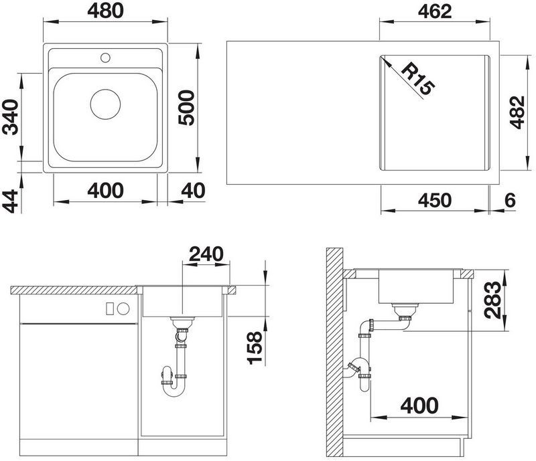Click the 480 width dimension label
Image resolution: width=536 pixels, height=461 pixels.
click(x=105, y=11)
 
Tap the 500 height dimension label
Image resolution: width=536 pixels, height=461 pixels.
click(x=187, y=108)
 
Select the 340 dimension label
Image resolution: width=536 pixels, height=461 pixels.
click(x=10, y=117)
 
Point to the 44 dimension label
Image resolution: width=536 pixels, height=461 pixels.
click(x=10, y=201)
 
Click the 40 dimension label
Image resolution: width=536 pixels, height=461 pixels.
click(x=193, y=191)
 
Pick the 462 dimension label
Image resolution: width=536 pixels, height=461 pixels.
click(x=435, y=11)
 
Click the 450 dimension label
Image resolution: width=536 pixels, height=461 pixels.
click(x=435, y=200)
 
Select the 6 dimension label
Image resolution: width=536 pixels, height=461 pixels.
click(x=510, y=200)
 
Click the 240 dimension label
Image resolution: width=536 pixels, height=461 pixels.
click(x=206, y=254)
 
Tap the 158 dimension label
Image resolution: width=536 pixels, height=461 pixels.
click(x=255, y=348)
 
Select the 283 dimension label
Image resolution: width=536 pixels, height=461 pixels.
click(x=492, y=300)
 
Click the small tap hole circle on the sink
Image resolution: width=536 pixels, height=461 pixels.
click(x=105, y=58)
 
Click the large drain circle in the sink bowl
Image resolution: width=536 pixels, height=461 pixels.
click(x=105, y=104)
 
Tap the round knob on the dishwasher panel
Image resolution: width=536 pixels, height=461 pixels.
click(x=123, y=308)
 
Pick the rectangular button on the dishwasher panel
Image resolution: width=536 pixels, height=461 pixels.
click(x=110, y=308)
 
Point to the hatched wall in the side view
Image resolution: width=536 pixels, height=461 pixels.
click(x=334, y=353)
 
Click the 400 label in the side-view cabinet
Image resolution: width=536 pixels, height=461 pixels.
click(x=419, y=405)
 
